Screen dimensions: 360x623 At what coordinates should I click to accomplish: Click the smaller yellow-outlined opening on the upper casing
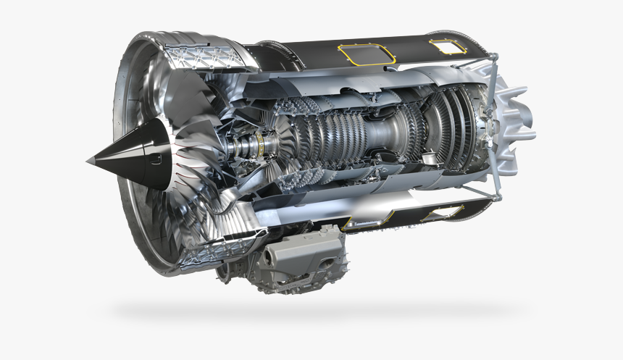point(448,46)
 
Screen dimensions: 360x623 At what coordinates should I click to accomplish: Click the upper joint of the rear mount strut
point(494,56)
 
